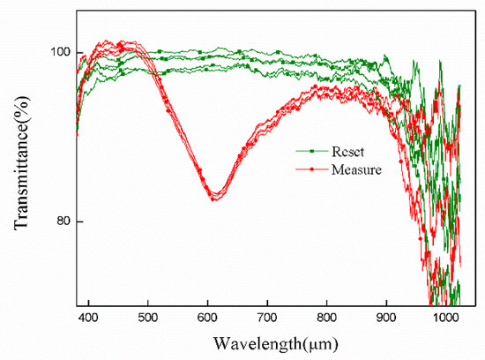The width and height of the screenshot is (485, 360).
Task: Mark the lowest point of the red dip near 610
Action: pos(214,198)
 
